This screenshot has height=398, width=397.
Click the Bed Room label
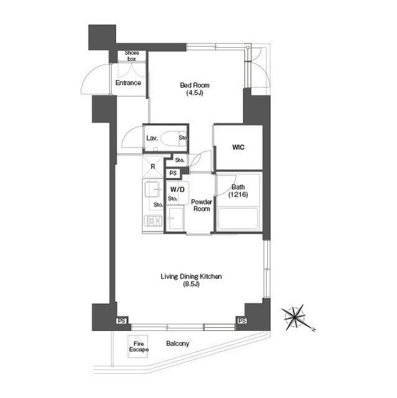point(194,88)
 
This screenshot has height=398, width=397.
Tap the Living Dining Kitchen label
point(191,280)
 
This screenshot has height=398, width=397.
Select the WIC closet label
point(239,147)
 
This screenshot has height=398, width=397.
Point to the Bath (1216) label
point(238,191)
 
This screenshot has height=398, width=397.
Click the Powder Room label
point(201,205)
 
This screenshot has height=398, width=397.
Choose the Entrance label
point(128,83)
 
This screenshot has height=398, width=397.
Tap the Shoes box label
point(132,56)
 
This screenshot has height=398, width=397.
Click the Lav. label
point(152,138)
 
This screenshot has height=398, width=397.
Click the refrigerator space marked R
point(153,167)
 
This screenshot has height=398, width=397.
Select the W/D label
point(178,189)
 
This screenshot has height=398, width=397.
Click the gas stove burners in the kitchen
point(153,221)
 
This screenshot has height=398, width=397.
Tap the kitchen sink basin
point(153,189)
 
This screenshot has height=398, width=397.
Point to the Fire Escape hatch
point(138,346)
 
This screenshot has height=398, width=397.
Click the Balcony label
point(178,343)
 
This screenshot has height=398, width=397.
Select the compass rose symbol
point(295,317)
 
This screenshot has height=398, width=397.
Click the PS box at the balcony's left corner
point(121,321)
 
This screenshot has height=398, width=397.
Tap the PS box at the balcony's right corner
point(242,321)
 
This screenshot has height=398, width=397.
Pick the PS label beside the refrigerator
point(173,173)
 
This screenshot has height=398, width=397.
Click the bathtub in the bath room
point(239,219)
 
